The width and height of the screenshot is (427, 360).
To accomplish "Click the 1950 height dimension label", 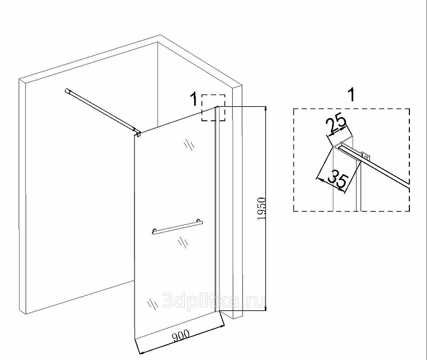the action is coord(261,209).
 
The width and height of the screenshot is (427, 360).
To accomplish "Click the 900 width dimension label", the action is coord(180,336).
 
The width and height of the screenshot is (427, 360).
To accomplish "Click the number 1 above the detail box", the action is coord(352,95).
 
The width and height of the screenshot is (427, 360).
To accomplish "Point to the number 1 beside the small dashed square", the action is coord(194,99).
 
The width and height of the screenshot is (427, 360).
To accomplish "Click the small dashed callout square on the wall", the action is coord(213,108).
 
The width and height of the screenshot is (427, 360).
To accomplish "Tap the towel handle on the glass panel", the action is coord(178,227).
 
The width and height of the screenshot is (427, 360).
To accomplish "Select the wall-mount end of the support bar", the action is coord(67,91).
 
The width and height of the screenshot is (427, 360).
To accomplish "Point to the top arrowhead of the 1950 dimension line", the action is coord(266,109).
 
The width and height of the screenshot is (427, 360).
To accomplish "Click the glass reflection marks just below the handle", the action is coord(183,242).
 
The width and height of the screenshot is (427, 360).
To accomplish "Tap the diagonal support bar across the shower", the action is coord(101,110).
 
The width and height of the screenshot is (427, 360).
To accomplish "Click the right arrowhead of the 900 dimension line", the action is coord(222,325).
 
